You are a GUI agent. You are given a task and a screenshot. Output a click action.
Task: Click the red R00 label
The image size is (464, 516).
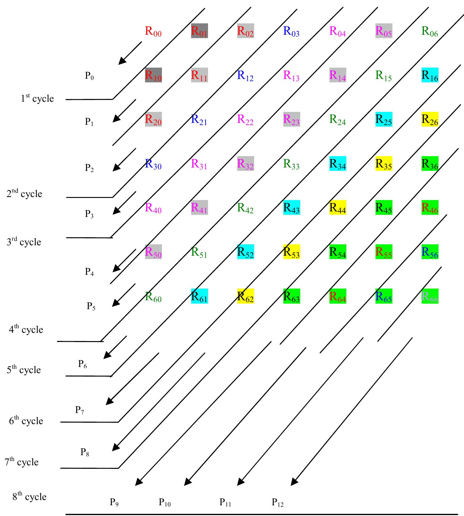(153, 31)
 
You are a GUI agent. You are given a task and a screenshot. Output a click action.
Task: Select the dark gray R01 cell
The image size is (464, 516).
(199, 31)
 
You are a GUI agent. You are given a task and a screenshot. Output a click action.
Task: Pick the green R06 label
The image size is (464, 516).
(430, 31)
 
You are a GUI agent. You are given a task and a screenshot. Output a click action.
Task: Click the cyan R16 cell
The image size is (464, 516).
(430, 75)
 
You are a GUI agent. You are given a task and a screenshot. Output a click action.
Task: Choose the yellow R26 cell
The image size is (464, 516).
(430, 120)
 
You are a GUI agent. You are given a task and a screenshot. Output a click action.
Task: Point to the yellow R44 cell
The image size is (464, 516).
(338, 208)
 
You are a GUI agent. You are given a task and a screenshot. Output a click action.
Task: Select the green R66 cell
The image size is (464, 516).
(430, 296)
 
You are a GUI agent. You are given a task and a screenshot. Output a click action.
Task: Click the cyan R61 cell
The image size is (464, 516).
(199, 296)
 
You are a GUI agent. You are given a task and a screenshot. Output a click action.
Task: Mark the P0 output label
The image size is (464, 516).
(89, 76)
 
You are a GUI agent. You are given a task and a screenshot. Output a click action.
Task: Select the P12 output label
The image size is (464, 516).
(277, 502)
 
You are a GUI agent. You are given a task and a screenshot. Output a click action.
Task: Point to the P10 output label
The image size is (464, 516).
(165, 502)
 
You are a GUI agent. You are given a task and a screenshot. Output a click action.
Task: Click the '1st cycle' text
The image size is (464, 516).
(37, 98)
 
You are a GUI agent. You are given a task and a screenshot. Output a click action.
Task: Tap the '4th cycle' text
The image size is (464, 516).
(26, 329)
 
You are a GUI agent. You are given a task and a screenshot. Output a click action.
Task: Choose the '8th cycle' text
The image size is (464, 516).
(29, 497)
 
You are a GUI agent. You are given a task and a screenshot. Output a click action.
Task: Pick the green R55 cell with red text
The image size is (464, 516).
(384, 252)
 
